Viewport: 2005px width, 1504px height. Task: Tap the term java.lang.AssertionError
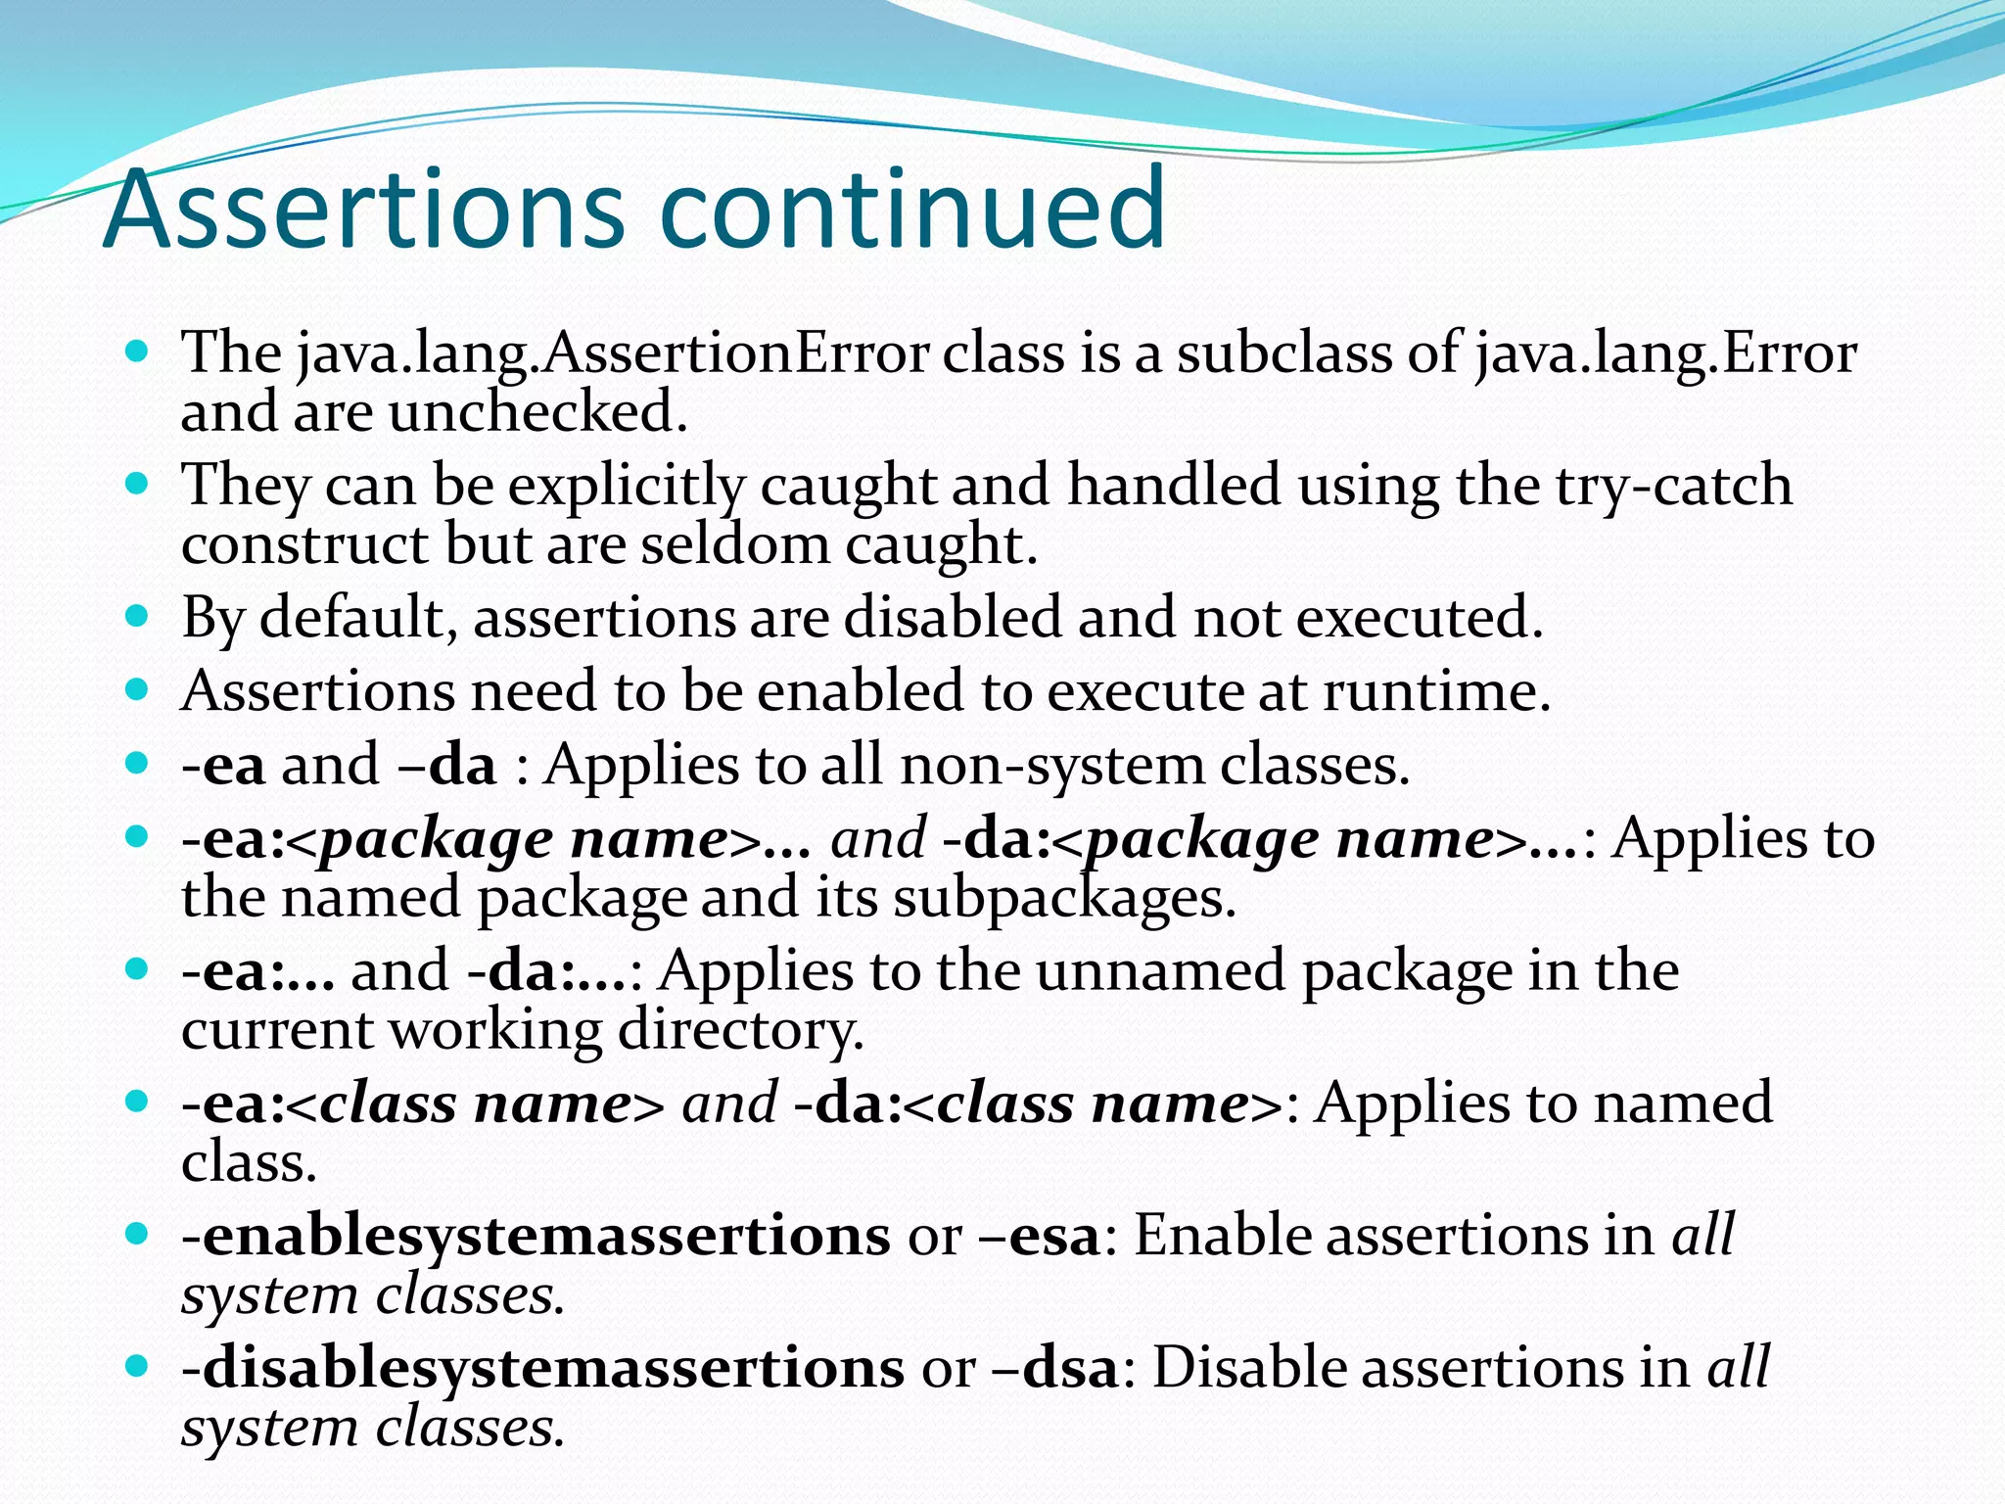[613, 353]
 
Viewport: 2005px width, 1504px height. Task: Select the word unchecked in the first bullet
[538, 411]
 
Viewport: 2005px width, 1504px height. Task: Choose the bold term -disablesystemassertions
[542, 1368]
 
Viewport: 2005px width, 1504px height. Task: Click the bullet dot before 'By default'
[137, 617]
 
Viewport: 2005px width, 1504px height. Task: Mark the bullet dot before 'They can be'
[137, 484]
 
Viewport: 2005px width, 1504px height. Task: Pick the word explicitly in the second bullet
[626, 486]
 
